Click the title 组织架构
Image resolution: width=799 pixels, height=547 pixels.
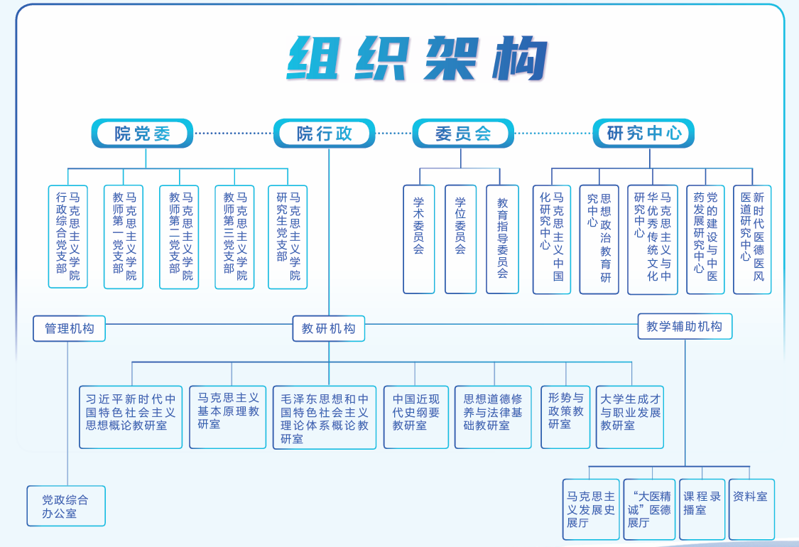click(x=417, y=58)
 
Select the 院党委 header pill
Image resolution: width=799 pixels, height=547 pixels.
click(x=142, y=133)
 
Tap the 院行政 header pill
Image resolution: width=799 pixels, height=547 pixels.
click(x=325, y=133)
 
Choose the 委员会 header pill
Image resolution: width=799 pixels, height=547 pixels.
click(x=463, y=133)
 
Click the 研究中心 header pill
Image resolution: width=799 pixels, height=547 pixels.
click(x=643, y=133)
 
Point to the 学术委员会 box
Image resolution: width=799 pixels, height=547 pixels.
click(x=419, y=239)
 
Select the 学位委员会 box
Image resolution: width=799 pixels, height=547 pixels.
click(x=460, y=239)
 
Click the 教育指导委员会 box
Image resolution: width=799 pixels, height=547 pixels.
click(x=502, y=239)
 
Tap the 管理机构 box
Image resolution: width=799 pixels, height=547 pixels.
click(x=69, y=329)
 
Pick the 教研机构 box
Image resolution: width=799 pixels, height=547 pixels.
click(x=328, y=329)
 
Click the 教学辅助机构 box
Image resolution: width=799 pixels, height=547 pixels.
click(x=685, y=327)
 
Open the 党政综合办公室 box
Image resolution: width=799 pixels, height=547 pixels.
click(x=66, y=506)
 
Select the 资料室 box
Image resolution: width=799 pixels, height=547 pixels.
click(x=749, y=509)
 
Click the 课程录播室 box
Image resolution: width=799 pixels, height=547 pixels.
click(x=702, y=509)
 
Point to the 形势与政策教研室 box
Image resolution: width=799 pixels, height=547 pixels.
click(x=565, y=417)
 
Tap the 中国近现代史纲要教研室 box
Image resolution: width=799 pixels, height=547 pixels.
click(x=416, y=417)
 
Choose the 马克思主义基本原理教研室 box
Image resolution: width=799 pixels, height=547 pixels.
click(x=228, y=417)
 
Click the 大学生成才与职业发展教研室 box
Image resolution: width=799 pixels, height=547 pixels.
click(x=630, y=417)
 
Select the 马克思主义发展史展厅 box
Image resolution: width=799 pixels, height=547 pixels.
click(x=591, y=509)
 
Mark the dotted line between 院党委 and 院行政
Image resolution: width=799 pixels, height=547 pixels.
click(x=234, y=133)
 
